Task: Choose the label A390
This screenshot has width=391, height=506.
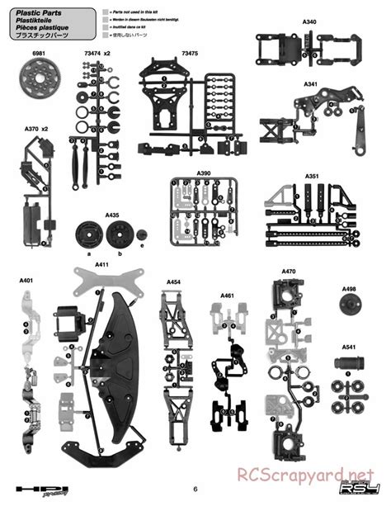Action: tap(204, 174)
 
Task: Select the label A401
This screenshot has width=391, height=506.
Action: tap(26, 280)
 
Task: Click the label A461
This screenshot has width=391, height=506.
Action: tap(227, 295)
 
